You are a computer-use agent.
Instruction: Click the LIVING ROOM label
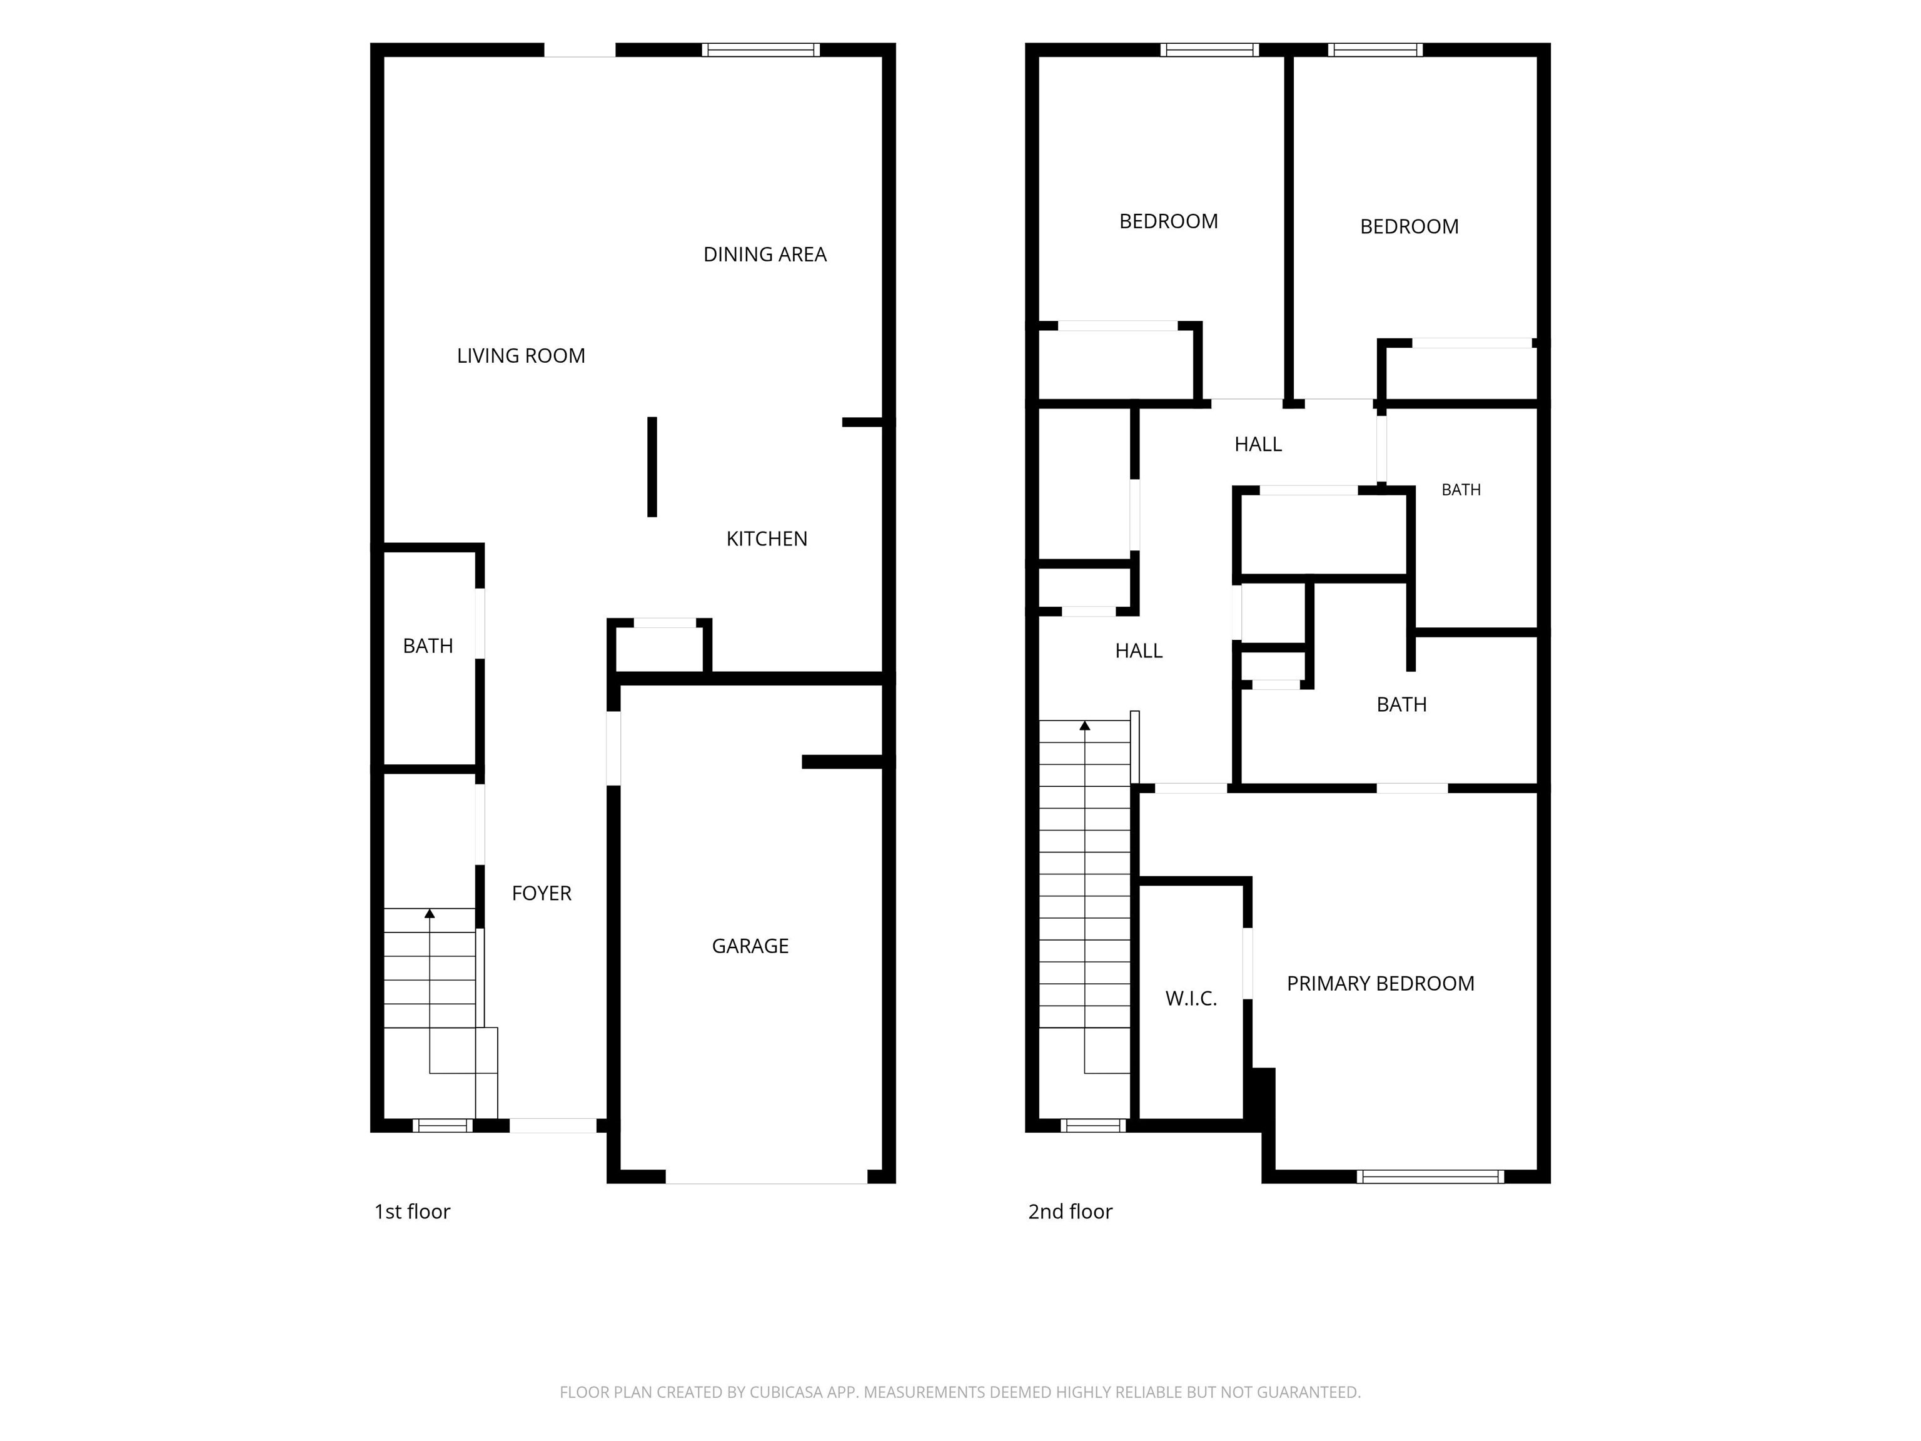click(521, 355)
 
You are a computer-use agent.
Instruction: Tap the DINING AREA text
click(764, 255)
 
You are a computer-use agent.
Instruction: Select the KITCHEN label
click(767, 538)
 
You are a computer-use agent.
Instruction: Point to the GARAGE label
click(750, 946)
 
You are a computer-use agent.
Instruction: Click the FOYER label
click(541, 893)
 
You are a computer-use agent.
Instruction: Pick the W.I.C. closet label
click(1191, 999)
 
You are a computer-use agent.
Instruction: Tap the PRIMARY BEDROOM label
click(1380, 983)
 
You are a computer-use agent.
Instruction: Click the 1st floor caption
click(411, 1211)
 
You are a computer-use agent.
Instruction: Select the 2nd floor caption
click(1070, 1211)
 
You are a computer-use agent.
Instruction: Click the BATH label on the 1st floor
click(428, 646)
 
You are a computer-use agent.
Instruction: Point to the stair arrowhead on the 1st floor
click(429, 913)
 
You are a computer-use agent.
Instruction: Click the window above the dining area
click(761, 49)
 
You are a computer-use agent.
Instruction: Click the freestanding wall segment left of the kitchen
click(652, 467)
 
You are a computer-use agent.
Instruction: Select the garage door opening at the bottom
click(766, 1177)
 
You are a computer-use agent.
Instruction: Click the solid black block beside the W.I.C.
click(1260, 1095)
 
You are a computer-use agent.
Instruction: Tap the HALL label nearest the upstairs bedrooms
click(1258, 445)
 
